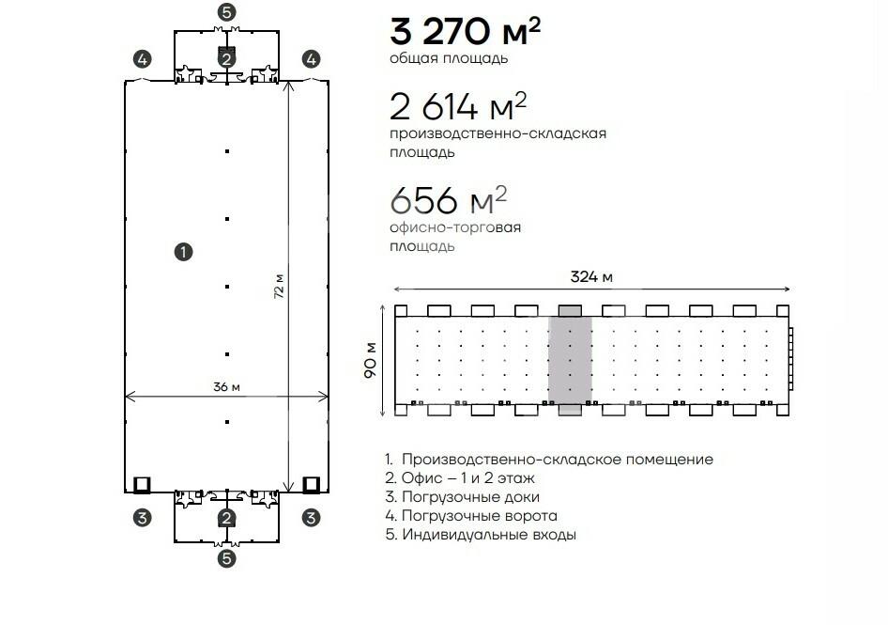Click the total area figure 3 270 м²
(465, 31)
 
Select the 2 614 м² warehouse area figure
(458, 105)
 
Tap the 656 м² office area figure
(448, 199)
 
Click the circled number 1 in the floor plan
(183, 252)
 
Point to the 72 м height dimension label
(279, 287)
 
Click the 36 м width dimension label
(226, 387)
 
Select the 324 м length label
(591, 276)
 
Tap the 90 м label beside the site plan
(371, 360)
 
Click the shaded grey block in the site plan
(570, 360)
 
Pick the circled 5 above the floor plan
(226, 12)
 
